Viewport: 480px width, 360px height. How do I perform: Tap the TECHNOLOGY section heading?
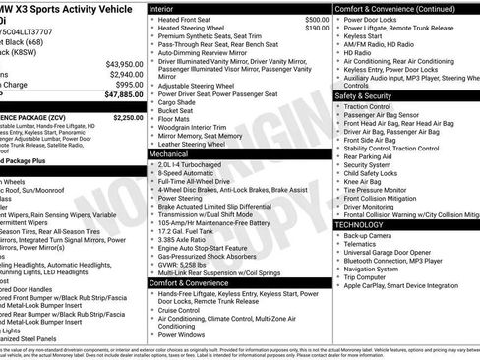[x=360, y=224]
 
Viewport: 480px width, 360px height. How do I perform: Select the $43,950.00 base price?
[x=124, y=63]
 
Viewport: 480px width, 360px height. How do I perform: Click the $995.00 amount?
[x=128, y=85]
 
